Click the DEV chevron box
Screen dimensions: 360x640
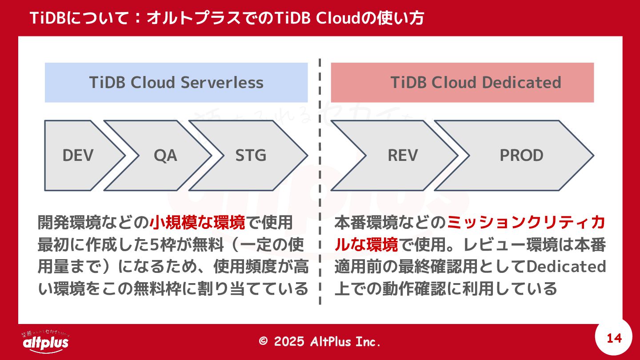coord(78,156)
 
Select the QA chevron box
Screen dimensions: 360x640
coord(165,156)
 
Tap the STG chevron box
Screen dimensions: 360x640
coord(250,156)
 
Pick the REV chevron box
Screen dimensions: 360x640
coord(403,156)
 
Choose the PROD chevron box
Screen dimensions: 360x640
coord(521,156)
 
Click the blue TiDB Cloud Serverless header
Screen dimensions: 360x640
coord(176,83)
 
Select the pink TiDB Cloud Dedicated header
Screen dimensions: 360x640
coord(462,83)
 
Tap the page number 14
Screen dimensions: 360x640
coord(614,339)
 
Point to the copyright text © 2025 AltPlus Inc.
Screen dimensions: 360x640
coord(320,341)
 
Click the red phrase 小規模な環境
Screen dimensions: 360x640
coord(197,222)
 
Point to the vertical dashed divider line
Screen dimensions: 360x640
coord(320,178)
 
